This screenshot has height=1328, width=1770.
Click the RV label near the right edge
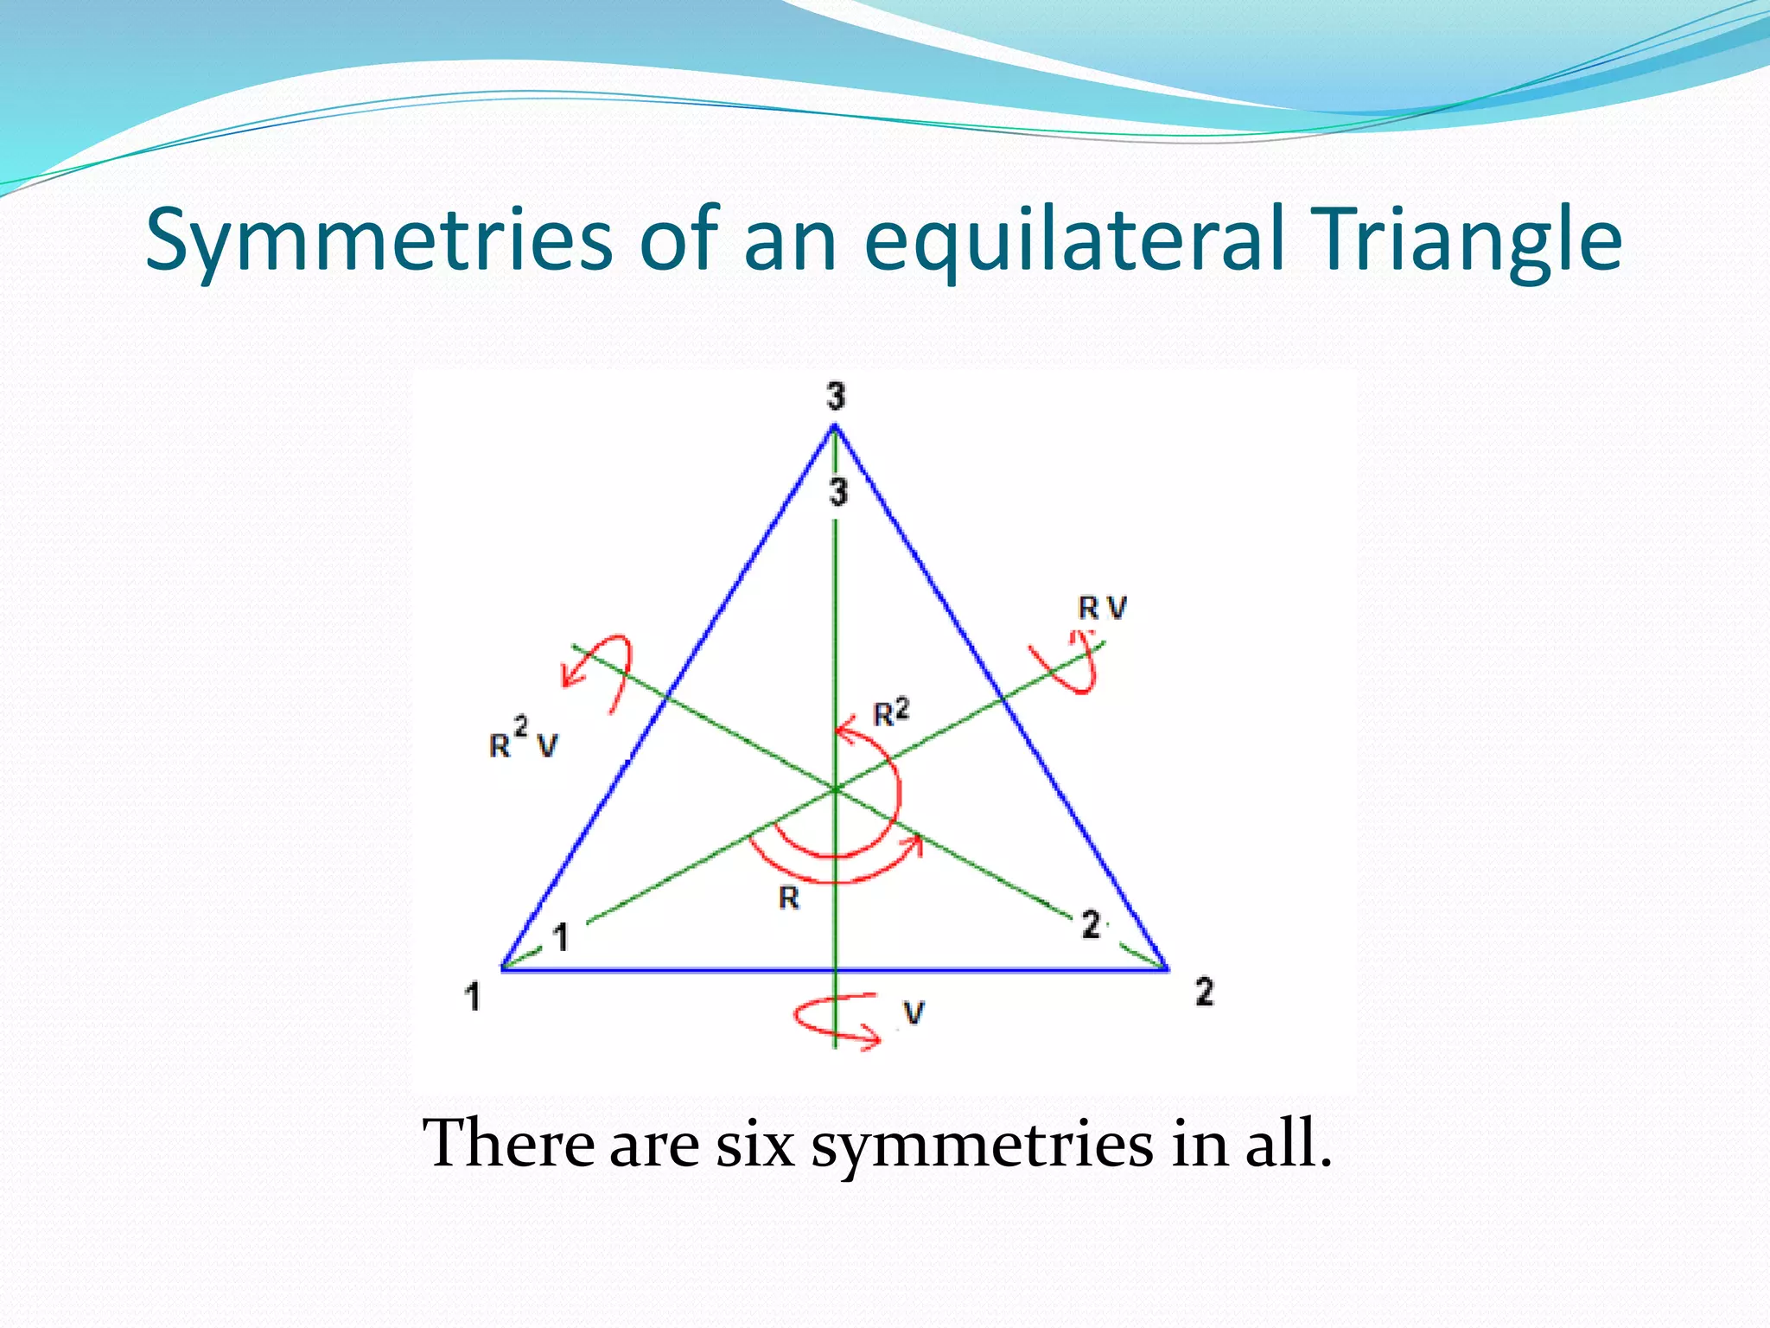click(x=1102, y=609)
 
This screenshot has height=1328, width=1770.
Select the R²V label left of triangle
click(x=524, y=740)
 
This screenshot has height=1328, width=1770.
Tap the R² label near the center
click(x=891, y=713)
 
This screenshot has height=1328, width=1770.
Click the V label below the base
click(x=914, y=1012)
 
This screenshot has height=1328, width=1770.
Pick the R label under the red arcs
click(x=788, y=899)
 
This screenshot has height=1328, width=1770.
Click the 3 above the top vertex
click(x=835, y=397)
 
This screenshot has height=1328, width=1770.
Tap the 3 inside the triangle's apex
click(x=838, y=492)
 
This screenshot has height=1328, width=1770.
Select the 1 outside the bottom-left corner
click(x=472, y=997)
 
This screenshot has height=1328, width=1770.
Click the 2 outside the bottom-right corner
click(x=1204, y=992)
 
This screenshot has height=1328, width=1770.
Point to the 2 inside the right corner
click(x=1091, y=925)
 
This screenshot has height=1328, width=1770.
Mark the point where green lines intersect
click(x=835, y=788)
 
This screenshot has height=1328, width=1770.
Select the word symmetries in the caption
click(x=982, y=1143)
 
